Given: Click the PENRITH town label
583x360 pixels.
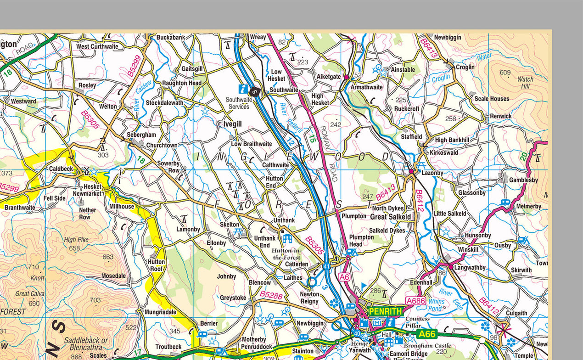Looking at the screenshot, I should pos(385,311).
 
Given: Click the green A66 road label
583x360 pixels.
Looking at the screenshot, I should pos(426,334).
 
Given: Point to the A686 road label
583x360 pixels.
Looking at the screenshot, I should pos(415,301).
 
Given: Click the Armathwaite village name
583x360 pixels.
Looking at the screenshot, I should pos(366,87).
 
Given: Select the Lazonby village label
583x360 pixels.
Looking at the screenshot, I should pos(432,173).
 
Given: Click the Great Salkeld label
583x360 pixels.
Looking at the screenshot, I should pos(391,216).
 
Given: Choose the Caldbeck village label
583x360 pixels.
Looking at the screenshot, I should pos(61,169).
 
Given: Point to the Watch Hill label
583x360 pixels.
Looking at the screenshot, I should pos(525,83).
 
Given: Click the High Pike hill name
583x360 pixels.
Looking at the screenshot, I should pos(76,240).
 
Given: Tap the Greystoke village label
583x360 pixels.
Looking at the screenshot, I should pos(233,298).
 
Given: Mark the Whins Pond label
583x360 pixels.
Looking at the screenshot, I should pos(437,305).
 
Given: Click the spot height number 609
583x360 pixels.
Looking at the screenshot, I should pos(505,73).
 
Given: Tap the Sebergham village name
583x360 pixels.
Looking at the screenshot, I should pos(142,135).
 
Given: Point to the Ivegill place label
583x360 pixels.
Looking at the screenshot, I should pos(232,124).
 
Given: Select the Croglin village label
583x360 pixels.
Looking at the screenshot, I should pos(465,67).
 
